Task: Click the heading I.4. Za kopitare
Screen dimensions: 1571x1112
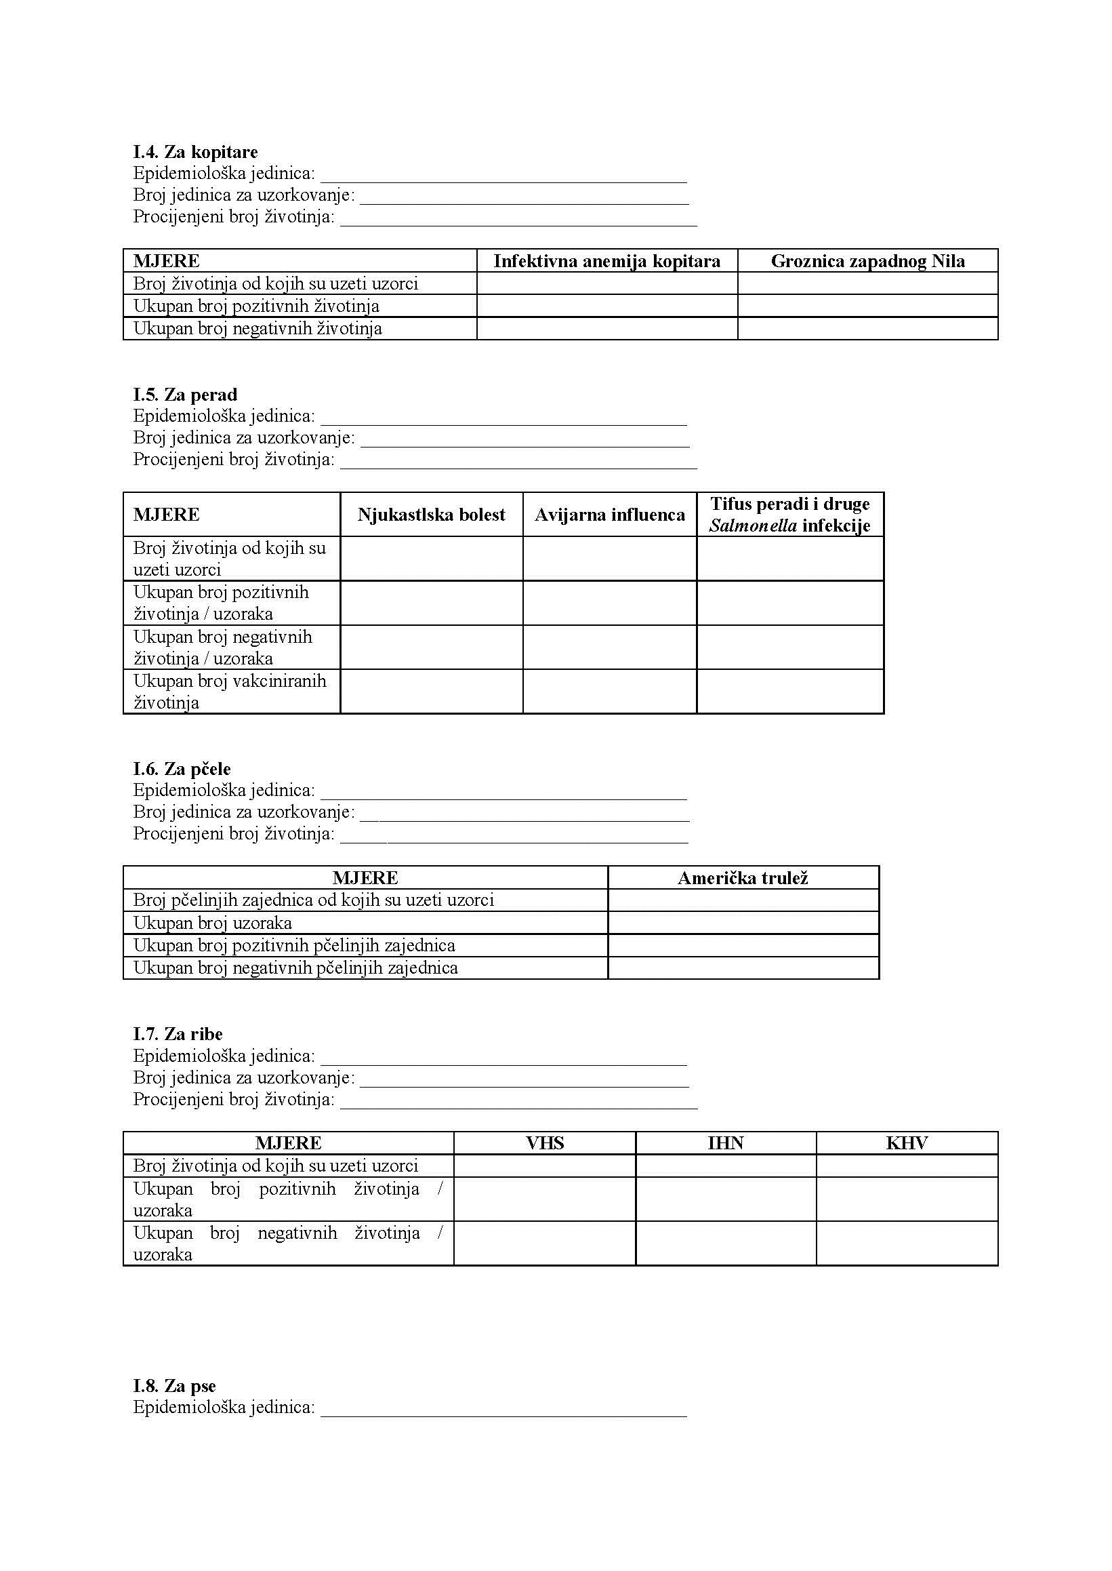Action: (x=195, y=151)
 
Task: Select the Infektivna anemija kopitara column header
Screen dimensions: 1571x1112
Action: (x=606, y=261)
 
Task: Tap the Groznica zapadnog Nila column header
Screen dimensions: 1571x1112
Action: (x=867, y=261)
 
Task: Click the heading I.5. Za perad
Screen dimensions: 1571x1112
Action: (x=185, y=395)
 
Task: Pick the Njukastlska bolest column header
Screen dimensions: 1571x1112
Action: (x=432, y=515)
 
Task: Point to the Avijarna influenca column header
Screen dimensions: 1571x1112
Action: (x=609, y=515)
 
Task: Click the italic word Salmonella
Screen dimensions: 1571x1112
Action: (x=753, y=525)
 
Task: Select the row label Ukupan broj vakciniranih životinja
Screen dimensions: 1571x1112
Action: (x=230, y=692)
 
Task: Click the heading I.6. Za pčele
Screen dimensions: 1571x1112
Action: (x=182, y=769)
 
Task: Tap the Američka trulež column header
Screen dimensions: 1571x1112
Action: (x=743, y=878)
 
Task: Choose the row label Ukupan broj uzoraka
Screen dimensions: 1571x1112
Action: (x=212, y=923)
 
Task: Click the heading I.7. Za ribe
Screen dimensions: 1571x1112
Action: (x=178, y=1034)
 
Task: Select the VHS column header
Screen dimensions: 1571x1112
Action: (x=544, y=1142)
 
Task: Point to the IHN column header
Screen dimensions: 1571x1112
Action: (x=726, y=1142)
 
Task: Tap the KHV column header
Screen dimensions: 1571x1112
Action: (x=907, y=1142)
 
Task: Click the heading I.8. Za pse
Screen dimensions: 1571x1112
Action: (x=175, y=1386)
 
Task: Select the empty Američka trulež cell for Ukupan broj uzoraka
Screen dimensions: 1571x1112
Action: (x=743, y=923)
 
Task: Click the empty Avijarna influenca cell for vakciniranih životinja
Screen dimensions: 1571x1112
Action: (x=609, y=692)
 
